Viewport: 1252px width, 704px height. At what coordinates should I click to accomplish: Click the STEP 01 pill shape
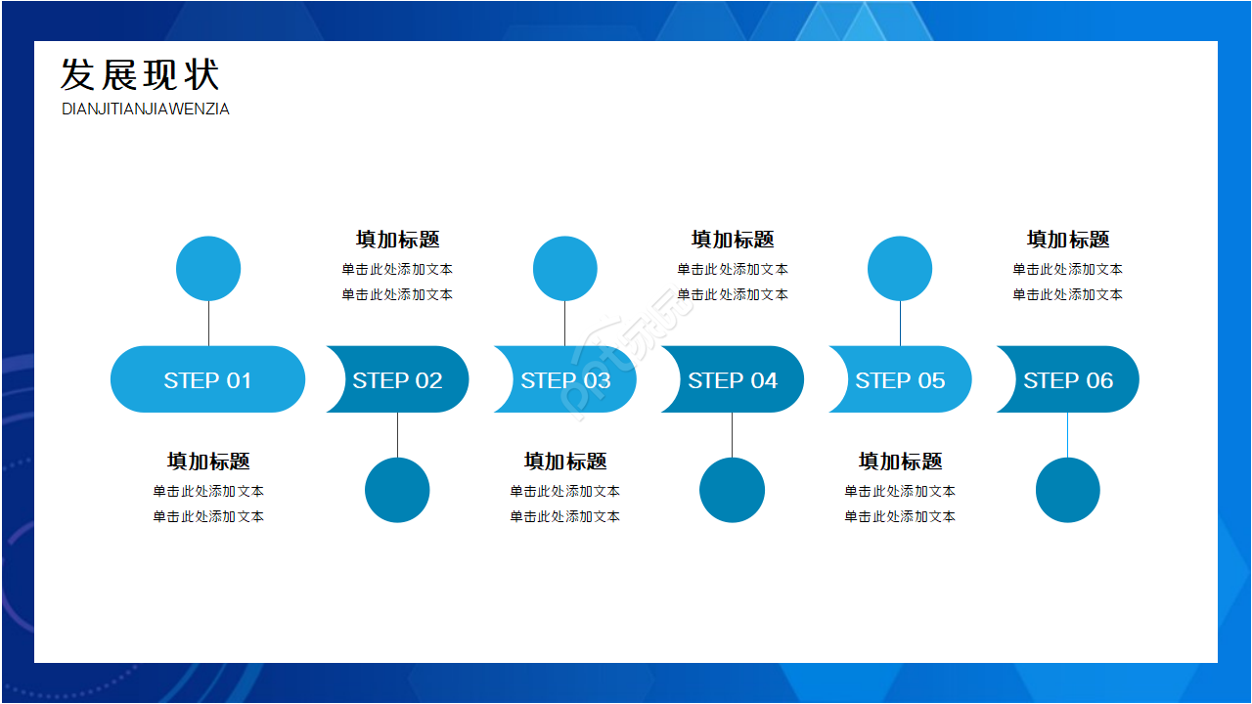(x=207, y=379)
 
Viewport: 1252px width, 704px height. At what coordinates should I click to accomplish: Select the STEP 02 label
(x=397, y=380)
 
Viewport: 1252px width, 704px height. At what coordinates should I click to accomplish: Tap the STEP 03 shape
(x=565, y=379)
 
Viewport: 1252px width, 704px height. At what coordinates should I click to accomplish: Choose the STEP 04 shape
(x=733, y=379)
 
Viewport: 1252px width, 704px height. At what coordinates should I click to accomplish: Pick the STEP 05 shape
(x=900, y=379)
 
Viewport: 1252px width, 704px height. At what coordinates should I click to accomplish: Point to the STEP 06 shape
(x=1068, y=379)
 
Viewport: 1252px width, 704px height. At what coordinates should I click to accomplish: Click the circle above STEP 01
(x=208, y=269)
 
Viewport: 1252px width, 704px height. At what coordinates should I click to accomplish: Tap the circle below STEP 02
(x=397, y=490)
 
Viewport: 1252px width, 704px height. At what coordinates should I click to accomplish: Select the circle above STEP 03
(x=565, y=269)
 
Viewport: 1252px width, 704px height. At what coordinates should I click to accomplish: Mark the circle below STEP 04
(x=732, y=490)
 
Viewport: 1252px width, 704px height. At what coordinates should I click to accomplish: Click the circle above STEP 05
(x=900, y=269)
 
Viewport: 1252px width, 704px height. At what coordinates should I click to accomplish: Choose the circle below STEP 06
(x=1068, y=490)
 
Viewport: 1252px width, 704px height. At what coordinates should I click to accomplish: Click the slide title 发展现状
(x=140, y=75)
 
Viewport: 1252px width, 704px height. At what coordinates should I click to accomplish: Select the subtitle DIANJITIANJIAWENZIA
(x=146, y=110)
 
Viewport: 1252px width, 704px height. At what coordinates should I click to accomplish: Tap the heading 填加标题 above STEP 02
(x=397, y=240)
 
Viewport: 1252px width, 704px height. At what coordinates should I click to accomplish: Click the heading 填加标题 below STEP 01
(x=208, y=462)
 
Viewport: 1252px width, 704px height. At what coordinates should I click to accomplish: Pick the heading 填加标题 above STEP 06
(x=1068, y=240)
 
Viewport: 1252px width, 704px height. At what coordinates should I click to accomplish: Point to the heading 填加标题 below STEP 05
(x=900, y=462)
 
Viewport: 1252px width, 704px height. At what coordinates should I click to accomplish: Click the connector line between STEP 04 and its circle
(x=732, y=435)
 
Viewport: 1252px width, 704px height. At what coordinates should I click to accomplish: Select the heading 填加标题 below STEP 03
(x=565, y=462)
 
